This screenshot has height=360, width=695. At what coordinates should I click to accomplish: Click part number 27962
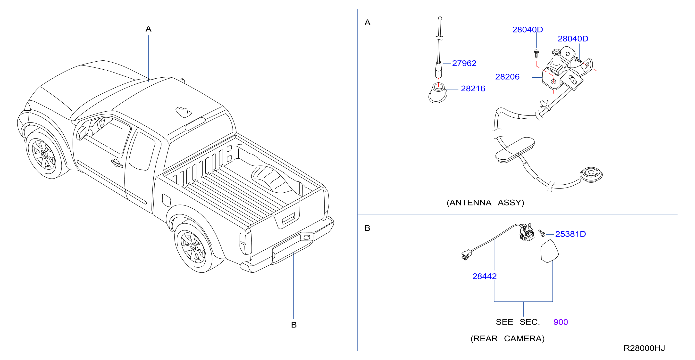click(464, 63)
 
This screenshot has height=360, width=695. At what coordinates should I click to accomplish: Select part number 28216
click(473, 89)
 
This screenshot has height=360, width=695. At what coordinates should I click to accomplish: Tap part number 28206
click(507, 77)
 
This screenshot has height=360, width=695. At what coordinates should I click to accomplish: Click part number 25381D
click(570, 234)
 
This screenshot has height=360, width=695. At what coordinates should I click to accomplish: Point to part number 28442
click(484, 276)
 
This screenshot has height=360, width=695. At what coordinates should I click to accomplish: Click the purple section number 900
click(561, 322)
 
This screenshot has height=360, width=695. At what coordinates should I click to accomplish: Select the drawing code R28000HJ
click(644, 348)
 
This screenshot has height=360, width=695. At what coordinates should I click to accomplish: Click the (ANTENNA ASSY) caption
click(485, 203)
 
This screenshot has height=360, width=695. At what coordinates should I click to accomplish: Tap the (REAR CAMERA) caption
click(508, 338)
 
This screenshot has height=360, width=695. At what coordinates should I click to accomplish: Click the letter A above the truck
click(148, 29)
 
